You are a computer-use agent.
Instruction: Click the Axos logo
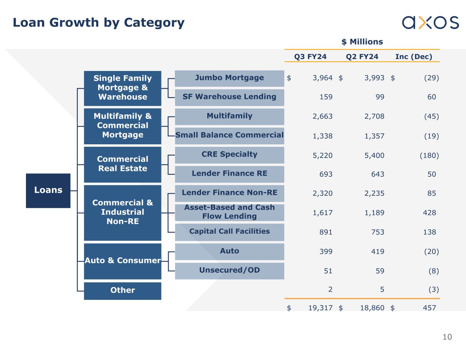(430, 22)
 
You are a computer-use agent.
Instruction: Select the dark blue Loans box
(48, 190)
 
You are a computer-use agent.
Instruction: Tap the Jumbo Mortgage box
(229, 78)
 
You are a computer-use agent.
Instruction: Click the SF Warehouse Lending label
(229, 97)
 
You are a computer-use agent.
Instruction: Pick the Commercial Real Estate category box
(123, 164)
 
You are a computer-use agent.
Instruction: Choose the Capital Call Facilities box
(229, 232)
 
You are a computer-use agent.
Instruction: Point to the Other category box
(123, 291)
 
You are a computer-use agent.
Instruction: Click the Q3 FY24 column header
(310, 57)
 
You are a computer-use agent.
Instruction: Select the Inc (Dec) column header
(413, 57)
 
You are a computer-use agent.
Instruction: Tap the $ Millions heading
(362, 42)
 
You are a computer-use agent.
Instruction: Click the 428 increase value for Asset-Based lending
(429, 213)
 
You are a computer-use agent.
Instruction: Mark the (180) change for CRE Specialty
(429, 156)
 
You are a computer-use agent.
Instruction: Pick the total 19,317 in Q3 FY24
(320, 308)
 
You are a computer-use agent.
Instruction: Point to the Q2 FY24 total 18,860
(372, 308)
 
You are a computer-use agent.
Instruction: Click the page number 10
(447, 337)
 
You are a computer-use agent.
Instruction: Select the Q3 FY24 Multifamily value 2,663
(323, 116)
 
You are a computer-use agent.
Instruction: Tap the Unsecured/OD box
(229, 271)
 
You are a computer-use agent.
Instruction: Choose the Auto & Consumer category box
(123, 261)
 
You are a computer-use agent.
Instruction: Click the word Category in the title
(154, 23)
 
